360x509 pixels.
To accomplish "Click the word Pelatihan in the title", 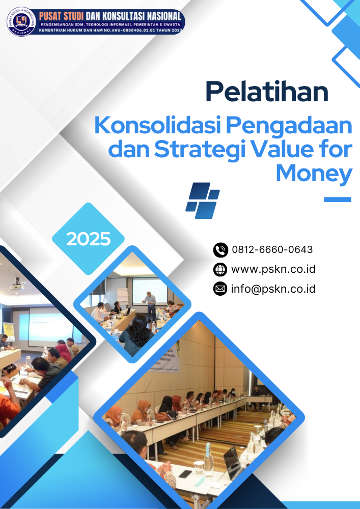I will pyautogui.click(x=266, y=92).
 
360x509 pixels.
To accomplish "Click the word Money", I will pyautogui.click(x=314, y=173).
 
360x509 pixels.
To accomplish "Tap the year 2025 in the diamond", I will pyautogui.click(x=89, y=238).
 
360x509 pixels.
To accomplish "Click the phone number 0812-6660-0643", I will pyautogui.click(x=272, y=250).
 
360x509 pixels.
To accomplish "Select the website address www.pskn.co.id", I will pyautogui.click(x=273, y=269).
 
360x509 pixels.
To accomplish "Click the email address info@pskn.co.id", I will pyautogui.click(x=273, y=289).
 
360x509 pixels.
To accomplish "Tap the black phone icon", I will pyautogui.click(x=220, y=250).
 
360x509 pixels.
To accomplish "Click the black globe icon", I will pyautogui.click(x=220, y=270).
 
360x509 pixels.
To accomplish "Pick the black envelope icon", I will pyautogui.click(x=220, y=289).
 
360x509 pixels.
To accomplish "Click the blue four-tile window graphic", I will pyautogui.click(x=202, y=200).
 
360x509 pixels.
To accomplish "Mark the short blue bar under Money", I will pyautogui.click(x=338, y=200).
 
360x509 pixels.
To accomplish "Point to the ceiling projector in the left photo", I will pyautogui.click(x=17, y=285).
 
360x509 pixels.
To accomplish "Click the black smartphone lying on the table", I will pyautogui.click(x=185, y=474).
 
